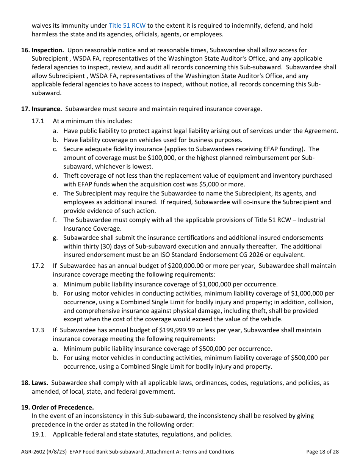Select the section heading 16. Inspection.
pos(42,50)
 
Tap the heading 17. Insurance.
pos(41,109)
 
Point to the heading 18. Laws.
pos(34,383)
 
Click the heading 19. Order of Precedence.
pos(57,407)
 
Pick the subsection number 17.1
pos(38,121)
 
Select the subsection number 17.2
pos(38,266)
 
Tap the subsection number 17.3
pos(38,330)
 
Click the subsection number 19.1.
pos(39,434)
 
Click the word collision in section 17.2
pos(321,302)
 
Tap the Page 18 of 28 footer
pos(322,452)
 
